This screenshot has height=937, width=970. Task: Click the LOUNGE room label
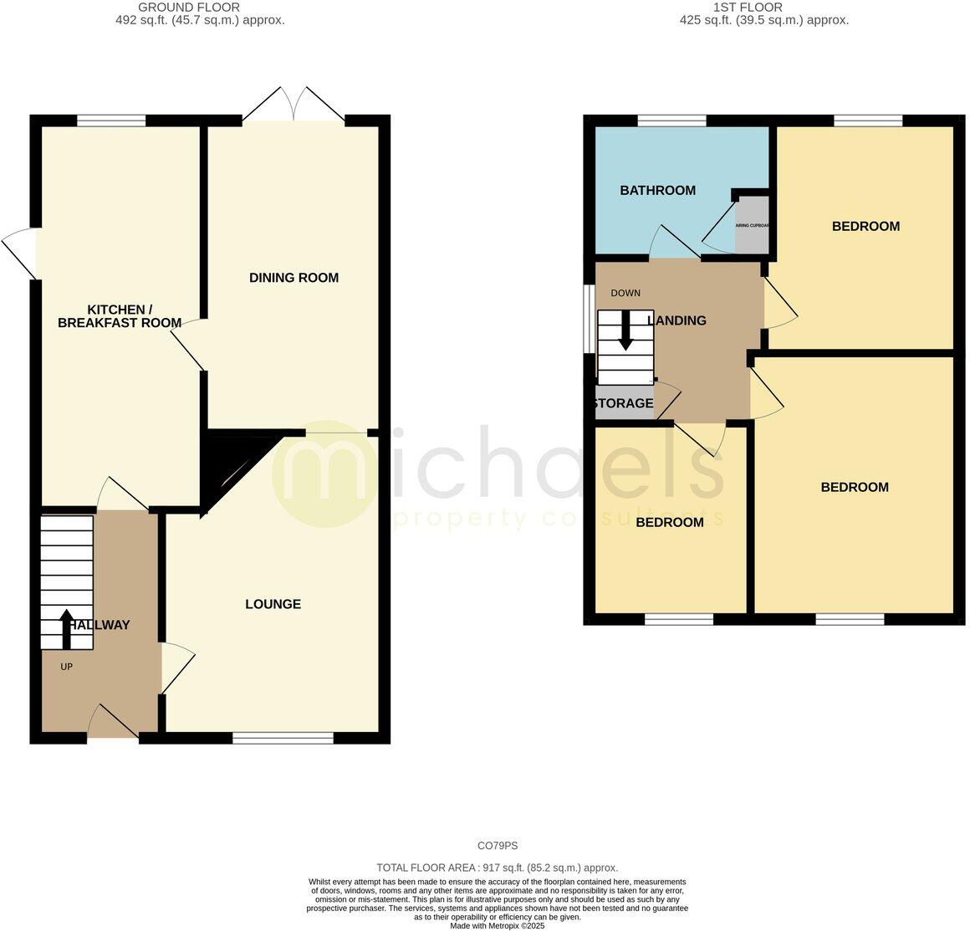(x=273, y=604)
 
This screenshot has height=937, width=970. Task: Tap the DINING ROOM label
(x=294, y=278)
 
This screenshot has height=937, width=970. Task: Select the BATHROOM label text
(x=657, y=191)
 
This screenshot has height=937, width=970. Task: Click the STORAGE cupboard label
(x=623, y=404)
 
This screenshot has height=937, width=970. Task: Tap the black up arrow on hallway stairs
(x=66, y=629)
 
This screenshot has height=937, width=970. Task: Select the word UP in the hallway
(x=66, y=667)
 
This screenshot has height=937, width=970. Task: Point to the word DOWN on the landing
(x=625, y=293)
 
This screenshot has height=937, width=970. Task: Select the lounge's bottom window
(x=283, y=738)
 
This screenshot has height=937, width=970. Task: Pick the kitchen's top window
(x=111, y=120)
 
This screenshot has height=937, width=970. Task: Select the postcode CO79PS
(x=498, y=846)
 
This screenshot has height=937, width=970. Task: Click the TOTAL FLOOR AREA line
(x=498, y=868)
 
